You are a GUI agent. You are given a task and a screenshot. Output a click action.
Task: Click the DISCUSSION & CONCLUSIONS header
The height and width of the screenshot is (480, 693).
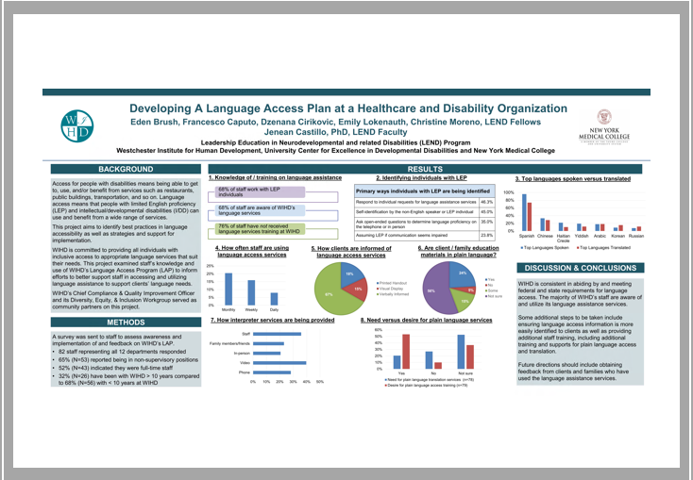pos(576,269)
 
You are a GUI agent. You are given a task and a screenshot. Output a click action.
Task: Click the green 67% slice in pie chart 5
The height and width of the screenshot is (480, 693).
pos(330,294)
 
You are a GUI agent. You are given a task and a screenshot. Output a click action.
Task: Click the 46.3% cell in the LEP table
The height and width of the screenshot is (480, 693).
pos(487,202)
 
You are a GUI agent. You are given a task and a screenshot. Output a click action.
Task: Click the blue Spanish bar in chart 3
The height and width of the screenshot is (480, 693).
pos(523,212)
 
